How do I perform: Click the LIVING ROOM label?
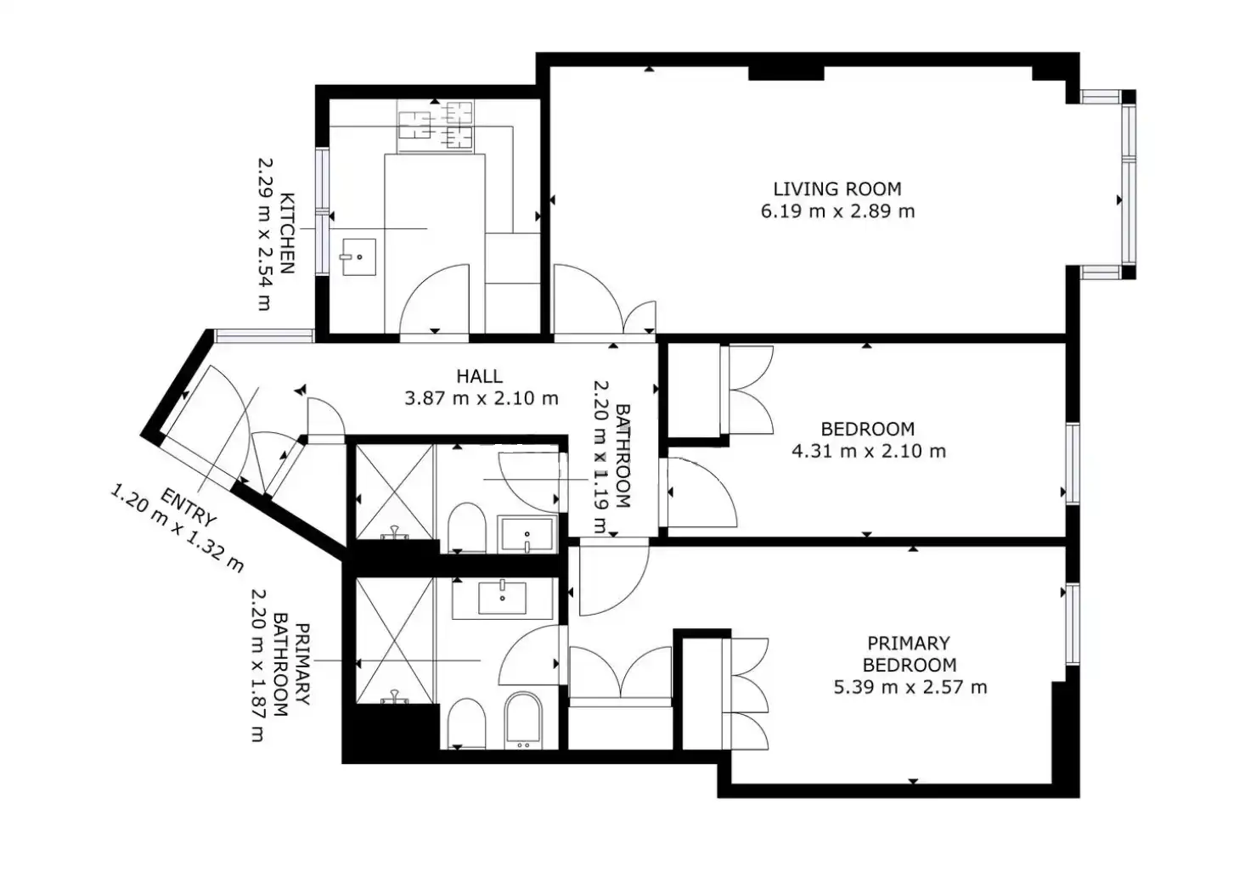coord(837,189)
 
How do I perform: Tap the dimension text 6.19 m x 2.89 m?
coord(837,211)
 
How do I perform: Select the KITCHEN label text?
coord(286,233)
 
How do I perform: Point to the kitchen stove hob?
coord(436,127)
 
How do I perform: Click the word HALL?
coord(480,376)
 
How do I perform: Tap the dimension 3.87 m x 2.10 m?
coord(482,399)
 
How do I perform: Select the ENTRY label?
coord(188,508)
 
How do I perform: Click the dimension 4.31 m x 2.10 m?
coord(869,451)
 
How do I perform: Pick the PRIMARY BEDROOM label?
coord(909,653)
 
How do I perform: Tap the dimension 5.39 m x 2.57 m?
coord(910,687)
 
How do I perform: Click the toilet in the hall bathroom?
coord(466,527)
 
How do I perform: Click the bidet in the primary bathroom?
coord(523,721)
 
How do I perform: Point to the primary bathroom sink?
coord(503,598)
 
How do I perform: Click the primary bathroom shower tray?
coord(395,640)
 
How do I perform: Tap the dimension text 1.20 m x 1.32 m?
coord(177,529)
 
